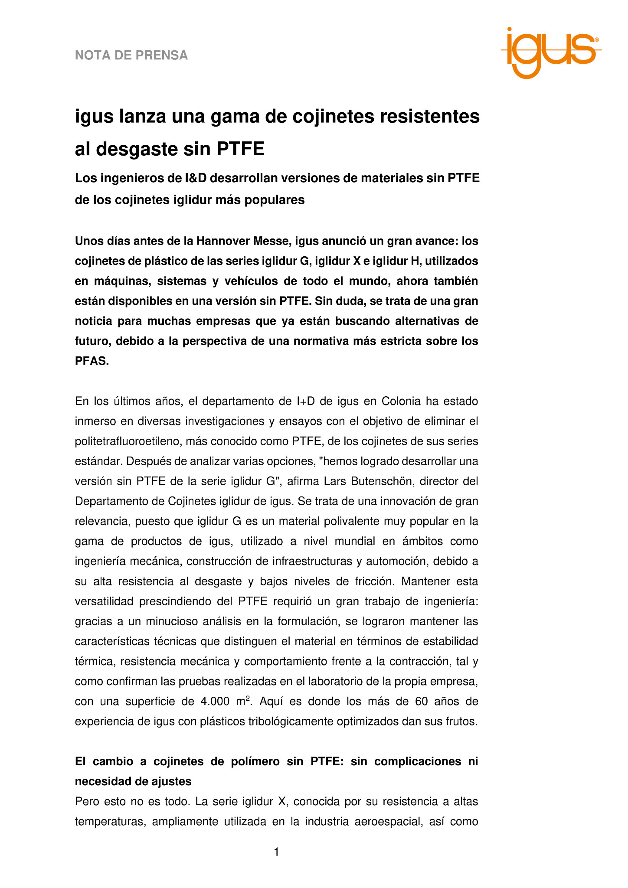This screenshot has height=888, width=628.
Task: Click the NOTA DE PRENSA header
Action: [131, 55]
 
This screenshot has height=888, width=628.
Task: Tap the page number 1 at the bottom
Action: [277, 852]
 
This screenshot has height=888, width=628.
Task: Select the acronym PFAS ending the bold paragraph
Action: [92, 361]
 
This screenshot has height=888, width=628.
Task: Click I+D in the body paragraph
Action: [306, 401]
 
